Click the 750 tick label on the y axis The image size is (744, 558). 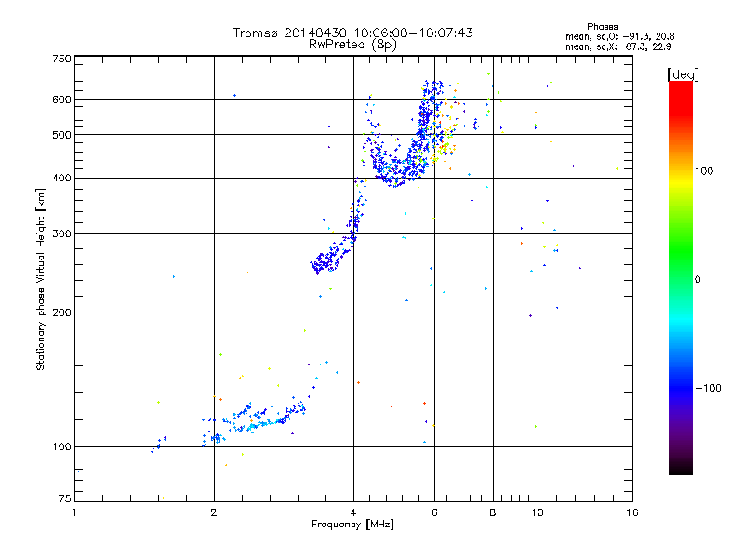(60, 58)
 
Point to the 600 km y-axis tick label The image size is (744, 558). (60, 99)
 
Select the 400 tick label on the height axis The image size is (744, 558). (60, 178)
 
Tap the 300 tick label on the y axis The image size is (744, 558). (60, 233)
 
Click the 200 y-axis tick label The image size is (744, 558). (60, 312)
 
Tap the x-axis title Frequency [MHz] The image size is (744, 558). (352, 525)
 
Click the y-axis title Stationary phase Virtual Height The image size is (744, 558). (41, 279)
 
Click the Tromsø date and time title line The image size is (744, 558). (352, 33)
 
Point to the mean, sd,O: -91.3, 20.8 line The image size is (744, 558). (619, 36)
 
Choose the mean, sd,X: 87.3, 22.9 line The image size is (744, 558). (619, 46)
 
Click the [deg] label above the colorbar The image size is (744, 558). (682, 73)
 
